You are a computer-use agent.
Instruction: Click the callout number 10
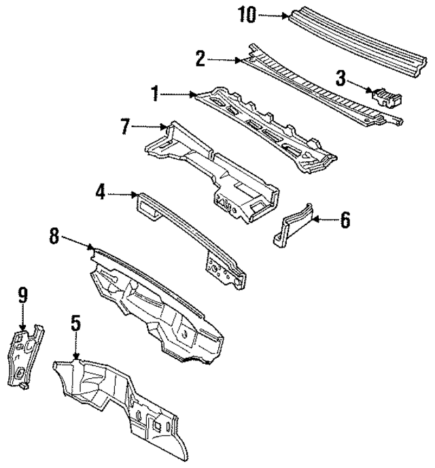[247, 14]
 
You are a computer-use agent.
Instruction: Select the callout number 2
[201, 59]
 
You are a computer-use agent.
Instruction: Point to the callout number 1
[156, 94]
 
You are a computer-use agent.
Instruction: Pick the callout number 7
[125, 126]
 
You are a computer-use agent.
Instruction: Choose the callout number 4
[101, 194]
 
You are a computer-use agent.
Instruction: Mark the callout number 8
[54, 237]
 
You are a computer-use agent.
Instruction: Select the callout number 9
[22, 295]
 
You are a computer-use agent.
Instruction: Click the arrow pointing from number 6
[324, 219]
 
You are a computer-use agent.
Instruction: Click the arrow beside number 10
[275, 14]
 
